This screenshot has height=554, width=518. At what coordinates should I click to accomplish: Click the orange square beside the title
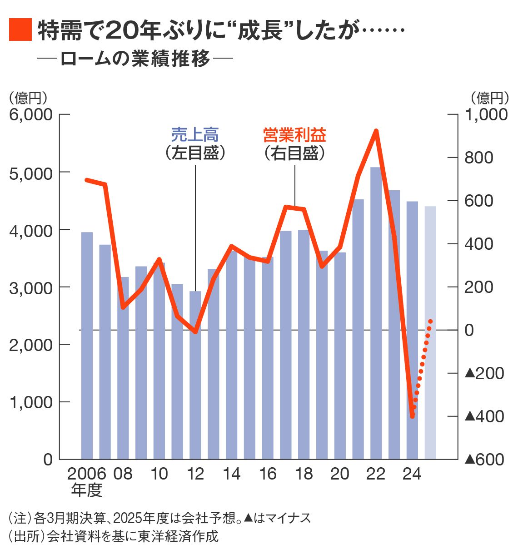20,30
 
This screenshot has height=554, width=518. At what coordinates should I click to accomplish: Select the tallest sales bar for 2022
376,313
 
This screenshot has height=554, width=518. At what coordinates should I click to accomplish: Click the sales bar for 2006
87,345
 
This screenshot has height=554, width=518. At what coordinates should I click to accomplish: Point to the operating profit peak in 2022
376,131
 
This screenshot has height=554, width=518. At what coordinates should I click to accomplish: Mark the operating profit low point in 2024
412,415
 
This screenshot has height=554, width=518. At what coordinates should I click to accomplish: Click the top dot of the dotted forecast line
430,322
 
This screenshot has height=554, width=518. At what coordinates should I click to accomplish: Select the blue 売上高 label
195,135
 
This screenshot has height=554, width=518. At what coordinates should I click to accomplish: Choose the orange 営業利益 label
294,135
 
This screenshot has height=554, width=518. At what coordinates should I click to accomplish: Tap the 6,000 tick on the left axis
31,114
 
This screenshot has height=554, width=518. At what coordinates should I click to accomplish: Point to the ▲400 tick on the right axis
484,416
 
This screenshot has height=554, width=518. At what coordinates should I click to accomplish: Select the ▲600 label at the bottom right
484,459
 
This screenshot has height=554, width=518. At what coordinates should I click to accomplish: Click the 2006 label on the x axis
87,474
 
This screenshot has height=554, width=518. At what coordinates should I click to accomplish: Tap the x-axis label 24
412,474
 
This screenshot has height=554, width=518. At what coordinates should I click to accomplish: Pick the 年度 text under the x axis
87,490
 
